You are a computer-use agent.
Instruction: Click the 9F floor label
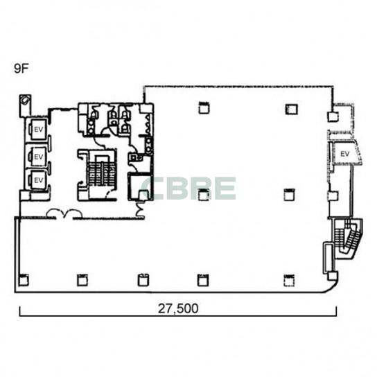click(x=21, y=69)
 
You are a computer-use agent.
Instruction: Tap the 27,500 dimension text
click(x=178, y=308)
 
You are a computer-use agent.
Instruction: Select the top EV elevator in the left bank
click(x=37, y=130)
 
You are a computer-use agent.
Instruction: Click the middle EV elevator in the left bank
click(x=37, y=157)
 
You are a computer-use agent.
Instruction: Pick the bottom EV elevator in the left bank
click(x=37, y=180)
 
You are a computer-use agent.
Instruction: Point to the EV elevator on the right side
click(x=345, y=154)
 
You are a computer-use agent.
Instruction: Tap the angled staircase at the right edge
click(x=348, y=238)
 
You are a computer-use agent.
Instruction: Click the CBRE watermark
click(x=188, y=188)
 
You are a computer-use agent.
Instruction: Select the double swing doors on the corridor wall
click(x=64, y=214)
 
